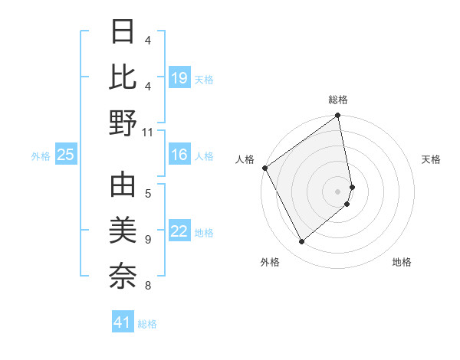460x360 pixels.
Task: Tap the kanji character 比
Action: pyautogui.click(x=123, y=78)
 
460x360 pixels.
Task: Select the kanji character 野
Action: pyautogui.click(x=123, y=122)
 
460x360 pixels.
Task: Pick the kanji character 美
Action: pyautogui.click(x=123, y=231)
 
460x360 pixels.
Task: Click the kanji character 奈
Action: pyautogui.click(x=123, y=274)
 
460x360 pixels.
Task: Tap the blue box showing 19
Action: pyautogui.click(x=179, y=78)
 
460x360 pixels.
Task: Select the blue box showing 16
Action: pyautogui.click(x=179, y=155)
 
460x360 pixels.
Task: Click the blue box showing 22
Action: pyautogui.click(x=179, y=232)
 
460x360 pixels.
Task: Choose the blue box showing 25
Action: pyautogui.click(x=66, y=155)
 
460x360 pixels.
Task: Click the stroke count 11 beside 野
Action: pyautogui.click(x=148, y=132)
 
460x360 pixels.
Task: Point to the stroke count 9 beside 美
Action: pyautogui.click(x=148, y=240)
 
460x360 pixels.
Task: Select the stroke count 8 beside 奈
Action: pyautogui.click(x=148, y=286)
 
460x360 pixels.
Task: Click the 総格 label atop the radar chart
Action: pyautogui.click(x=338, y=100)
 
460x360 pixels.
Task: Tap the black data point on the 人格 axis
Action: pyautogui.click(x=264, y=168)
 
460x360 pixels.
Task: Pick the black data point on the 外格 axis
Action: pyautogui.click(x=301, y=242)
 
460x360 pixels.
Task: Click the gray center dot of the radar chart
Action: pyautogui.click(x=338, y=191)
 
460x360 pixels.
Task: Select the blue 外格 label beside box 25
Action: pyautogui.click(x=41, y=156)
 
